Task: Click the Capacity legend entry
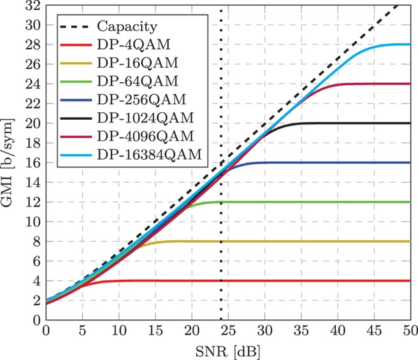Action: pyautogui.click(x=127, y=27)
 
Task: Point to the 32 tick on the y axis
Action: pyautogui.click(x=30, y=6)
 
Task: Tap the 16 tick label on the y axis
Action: pyautogui.click(x=30, y=163)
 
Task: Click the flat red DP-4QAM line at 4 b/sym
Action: pyautogui.click(x=287, y=280)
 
